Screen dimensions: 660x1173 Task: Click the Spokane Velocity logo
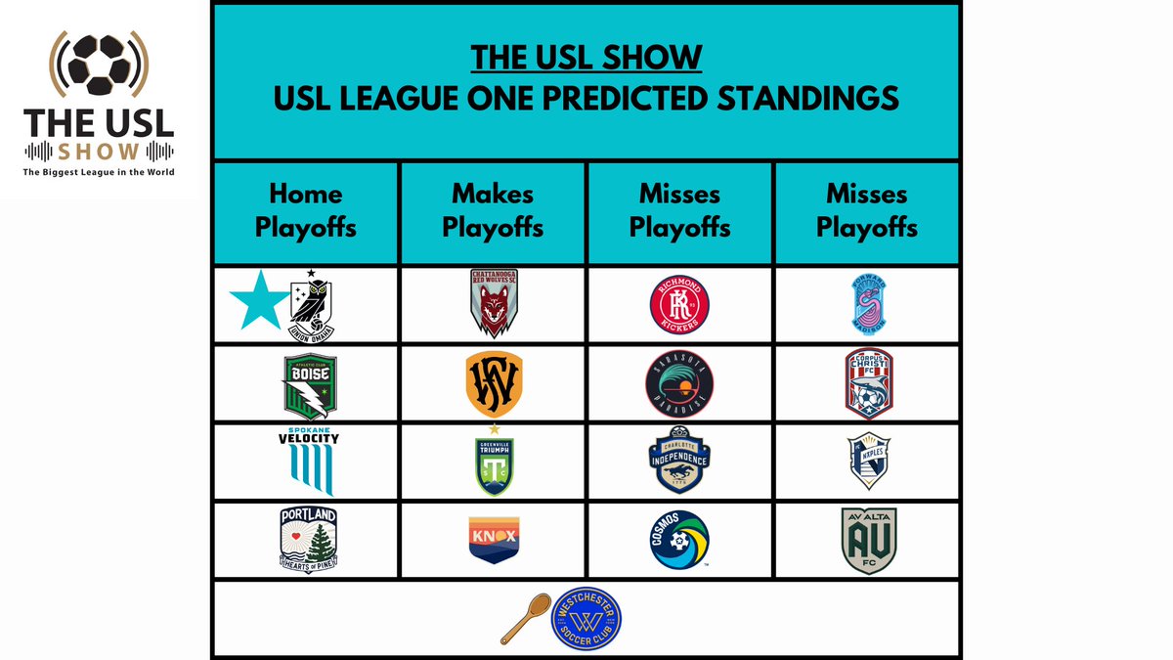(308, 462)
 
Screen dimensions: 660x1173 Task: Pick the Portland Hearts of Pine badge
(308, 540)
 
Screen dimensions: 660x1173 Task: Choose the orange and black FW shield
(494, 383)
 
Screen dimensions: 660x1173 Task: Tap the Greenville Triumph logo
(494, 462)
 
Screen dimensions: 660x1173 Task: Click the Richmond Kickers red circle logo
(679, 304)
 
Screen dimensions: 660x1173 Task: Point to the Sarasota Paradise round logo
(679, 383)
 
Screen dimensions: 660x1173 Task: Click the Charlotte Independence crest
(679, 462)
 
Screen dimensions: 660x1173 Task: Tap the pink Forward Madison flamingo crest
(868, 303)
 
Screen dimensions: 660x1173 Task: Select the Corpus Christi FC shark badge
(868, 383)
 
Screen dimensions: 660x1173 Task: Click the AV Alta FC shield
(868, 541)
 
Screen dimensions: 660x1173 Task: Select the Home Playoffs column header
(305, 213)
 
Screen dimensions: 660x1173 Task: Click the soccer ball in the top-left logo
(99, 66)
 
